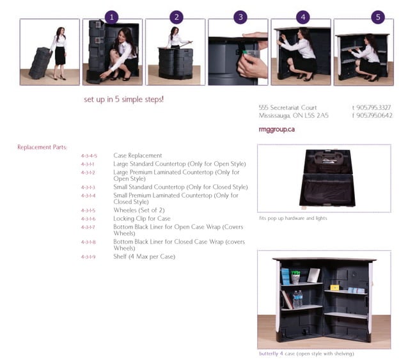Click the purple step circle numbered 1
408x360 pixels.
[112, 17]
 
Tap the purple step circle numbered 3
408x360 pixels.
[240, 17]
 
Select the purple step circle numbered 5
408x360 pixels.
[379, 17]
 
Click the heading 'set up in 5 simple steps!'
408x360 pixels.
[124, 100]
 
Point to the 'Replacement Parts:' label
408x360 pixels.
[42, 147]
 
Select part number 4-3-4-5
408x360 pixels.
[89, 155]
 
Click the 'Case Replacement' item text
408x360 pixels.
[137, 155]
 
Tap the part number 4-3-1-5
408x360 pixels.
[88, 210]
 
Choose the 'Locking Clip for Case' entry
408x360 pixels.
[142, 219]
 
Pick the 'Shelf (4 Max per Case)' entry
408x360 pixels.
[144, 256]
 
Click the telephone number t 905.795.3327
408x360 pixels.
[372, 107]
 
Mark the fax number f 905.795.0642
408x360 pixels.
[372, 116]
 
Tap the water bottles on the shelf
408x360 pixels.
[297, 299]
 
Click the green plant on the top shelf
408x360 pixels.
[295, 277]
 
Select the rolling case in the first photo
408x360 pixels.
[40, 64]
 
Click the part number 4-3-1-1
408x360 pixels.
[88, 164]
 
